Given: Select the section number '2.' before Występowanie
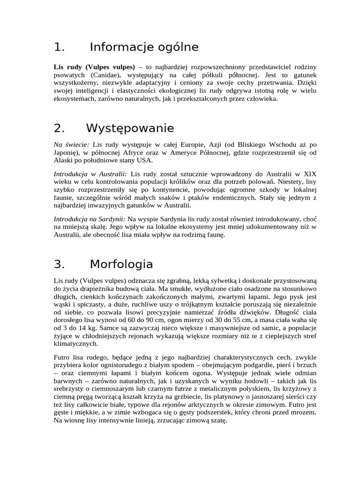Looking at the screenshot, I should pyautogui.click(x=59, y=128).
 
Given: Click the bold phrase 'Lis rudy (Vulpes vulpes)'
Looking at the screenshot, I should pyautogui.click(x=94, y=67).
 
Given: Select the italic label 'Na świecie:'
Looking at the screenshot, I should pyautogui.click(x=72, y=144).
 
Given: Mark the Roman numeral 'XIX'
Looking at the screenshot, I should pyautogui.click(x=310, y=173).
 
